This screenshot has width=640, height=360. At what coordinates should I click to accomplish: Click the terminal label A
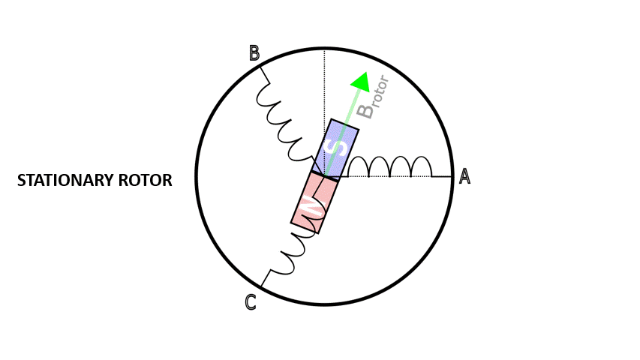tap(464, 176)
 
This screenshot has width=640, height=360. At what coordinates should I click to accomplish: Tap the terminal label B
tap(254, 53)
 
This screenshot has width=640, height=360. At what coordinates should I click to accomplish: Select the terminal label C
tap(251, 302)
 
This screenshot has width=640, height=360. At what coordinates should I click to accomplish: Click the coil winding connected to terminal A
tap(390, 166)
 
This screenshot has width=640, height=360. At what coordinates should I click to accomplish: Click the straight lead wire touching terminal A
tap(443, 177)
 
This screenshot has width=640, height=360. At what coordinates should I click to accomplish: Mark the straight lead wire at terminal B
tap(265, 73)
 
